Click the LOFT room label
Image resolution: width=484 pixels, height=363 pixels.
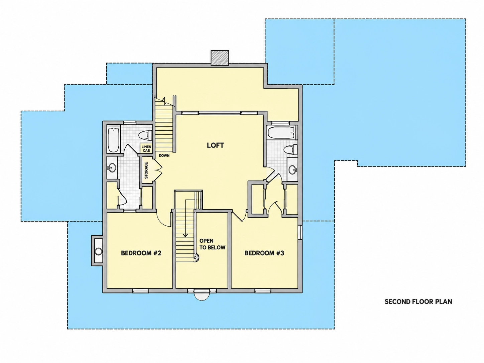[x=216, y=145]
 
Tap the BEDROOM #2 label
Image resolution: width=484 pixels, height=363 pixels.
[x=141, y=253]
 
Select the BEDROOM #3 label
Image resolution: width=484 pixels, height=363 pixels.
[x=264, y=253]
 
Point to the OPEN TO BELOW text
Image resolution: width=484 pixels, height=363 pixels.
[x=212, y=244]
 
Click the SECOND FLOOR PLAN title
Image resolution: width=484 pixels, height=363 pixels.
[x=418, y=301]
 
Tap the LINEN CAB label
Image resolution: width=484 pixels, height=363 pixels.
[x=146, y=149]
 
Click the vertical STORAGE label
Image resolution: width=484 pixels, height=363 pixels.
[x=146, y=170]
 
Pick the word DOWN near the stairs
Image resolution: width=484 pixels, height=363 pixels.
[x=164, y=155]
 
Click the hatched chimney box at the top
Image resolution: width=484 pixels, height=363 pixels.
[x=220, y=58]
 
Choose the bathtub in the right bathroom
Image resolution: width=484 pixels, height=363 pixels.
[x=281, y=133]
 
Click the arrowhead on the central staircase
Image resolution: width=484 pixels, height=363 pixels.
[x=186, y=235]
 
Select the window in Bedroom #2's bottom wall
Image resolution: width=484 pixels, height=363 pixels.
[x=141, y=291]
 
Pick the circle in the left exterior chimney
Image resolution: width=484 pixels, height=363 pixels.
[x=98, y=251]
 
